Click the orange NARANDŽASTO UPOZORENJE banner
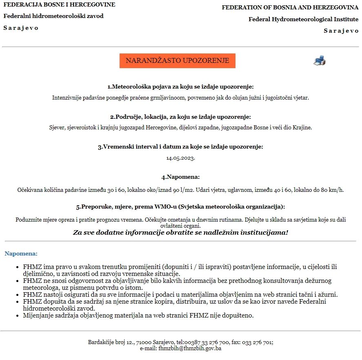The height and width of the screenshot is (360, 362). click(177, 61)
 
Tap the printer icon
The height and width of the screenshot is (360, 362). click(319, 60)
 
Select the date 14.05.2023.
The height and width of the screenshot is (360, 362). click(180, 158)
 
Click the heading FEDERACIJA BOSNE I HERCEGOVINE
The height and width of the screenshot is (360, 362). click(59, 5)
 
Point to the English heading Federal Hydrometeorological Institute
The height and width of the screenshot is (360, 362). click(303, 19)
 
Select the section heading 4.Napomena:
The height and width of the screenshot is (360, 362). click(180, 177)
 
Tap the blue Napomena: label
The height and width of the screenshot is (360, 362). click(21, 254)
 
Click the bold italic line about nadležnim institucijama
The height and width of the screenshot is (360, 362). click(180, 233)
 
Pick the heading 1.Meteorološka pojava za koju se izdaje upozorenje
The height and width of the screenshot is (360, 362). click(180, 87)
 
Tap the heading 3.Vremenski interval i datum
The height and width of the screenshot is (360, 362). click(180, 147)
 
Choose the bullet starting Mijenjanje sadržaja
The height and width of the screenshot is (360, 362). click(138, 316)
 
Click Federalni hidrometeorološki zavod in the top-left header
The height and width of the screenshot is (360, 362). click(53, 16)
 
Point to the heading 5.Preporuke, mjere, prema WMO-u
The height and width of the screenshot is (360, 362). click(180, 207)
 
